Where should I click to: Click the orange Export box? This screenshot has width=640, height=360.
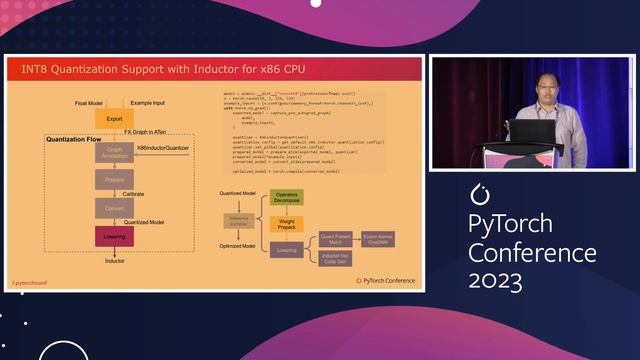tap(114, 119)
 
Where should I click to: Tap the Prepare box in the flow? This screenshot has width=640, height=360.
tap(114, 179)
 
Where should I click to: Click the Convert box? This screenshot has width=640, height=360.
tap(114, 207)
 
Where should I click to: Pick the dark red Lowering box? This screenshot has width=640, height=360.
tap(114, 236)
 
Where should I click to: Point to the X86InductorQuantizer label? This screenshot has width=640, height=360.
tap(163, 148)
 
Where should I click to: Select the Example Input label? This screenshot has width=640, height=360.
tap(147, 102)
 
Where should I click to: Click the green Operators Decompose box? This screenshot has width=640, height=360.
tap(286, 198)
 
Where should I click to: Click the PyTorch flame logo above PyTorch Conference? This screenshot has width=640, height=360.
tap(478, 192)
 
